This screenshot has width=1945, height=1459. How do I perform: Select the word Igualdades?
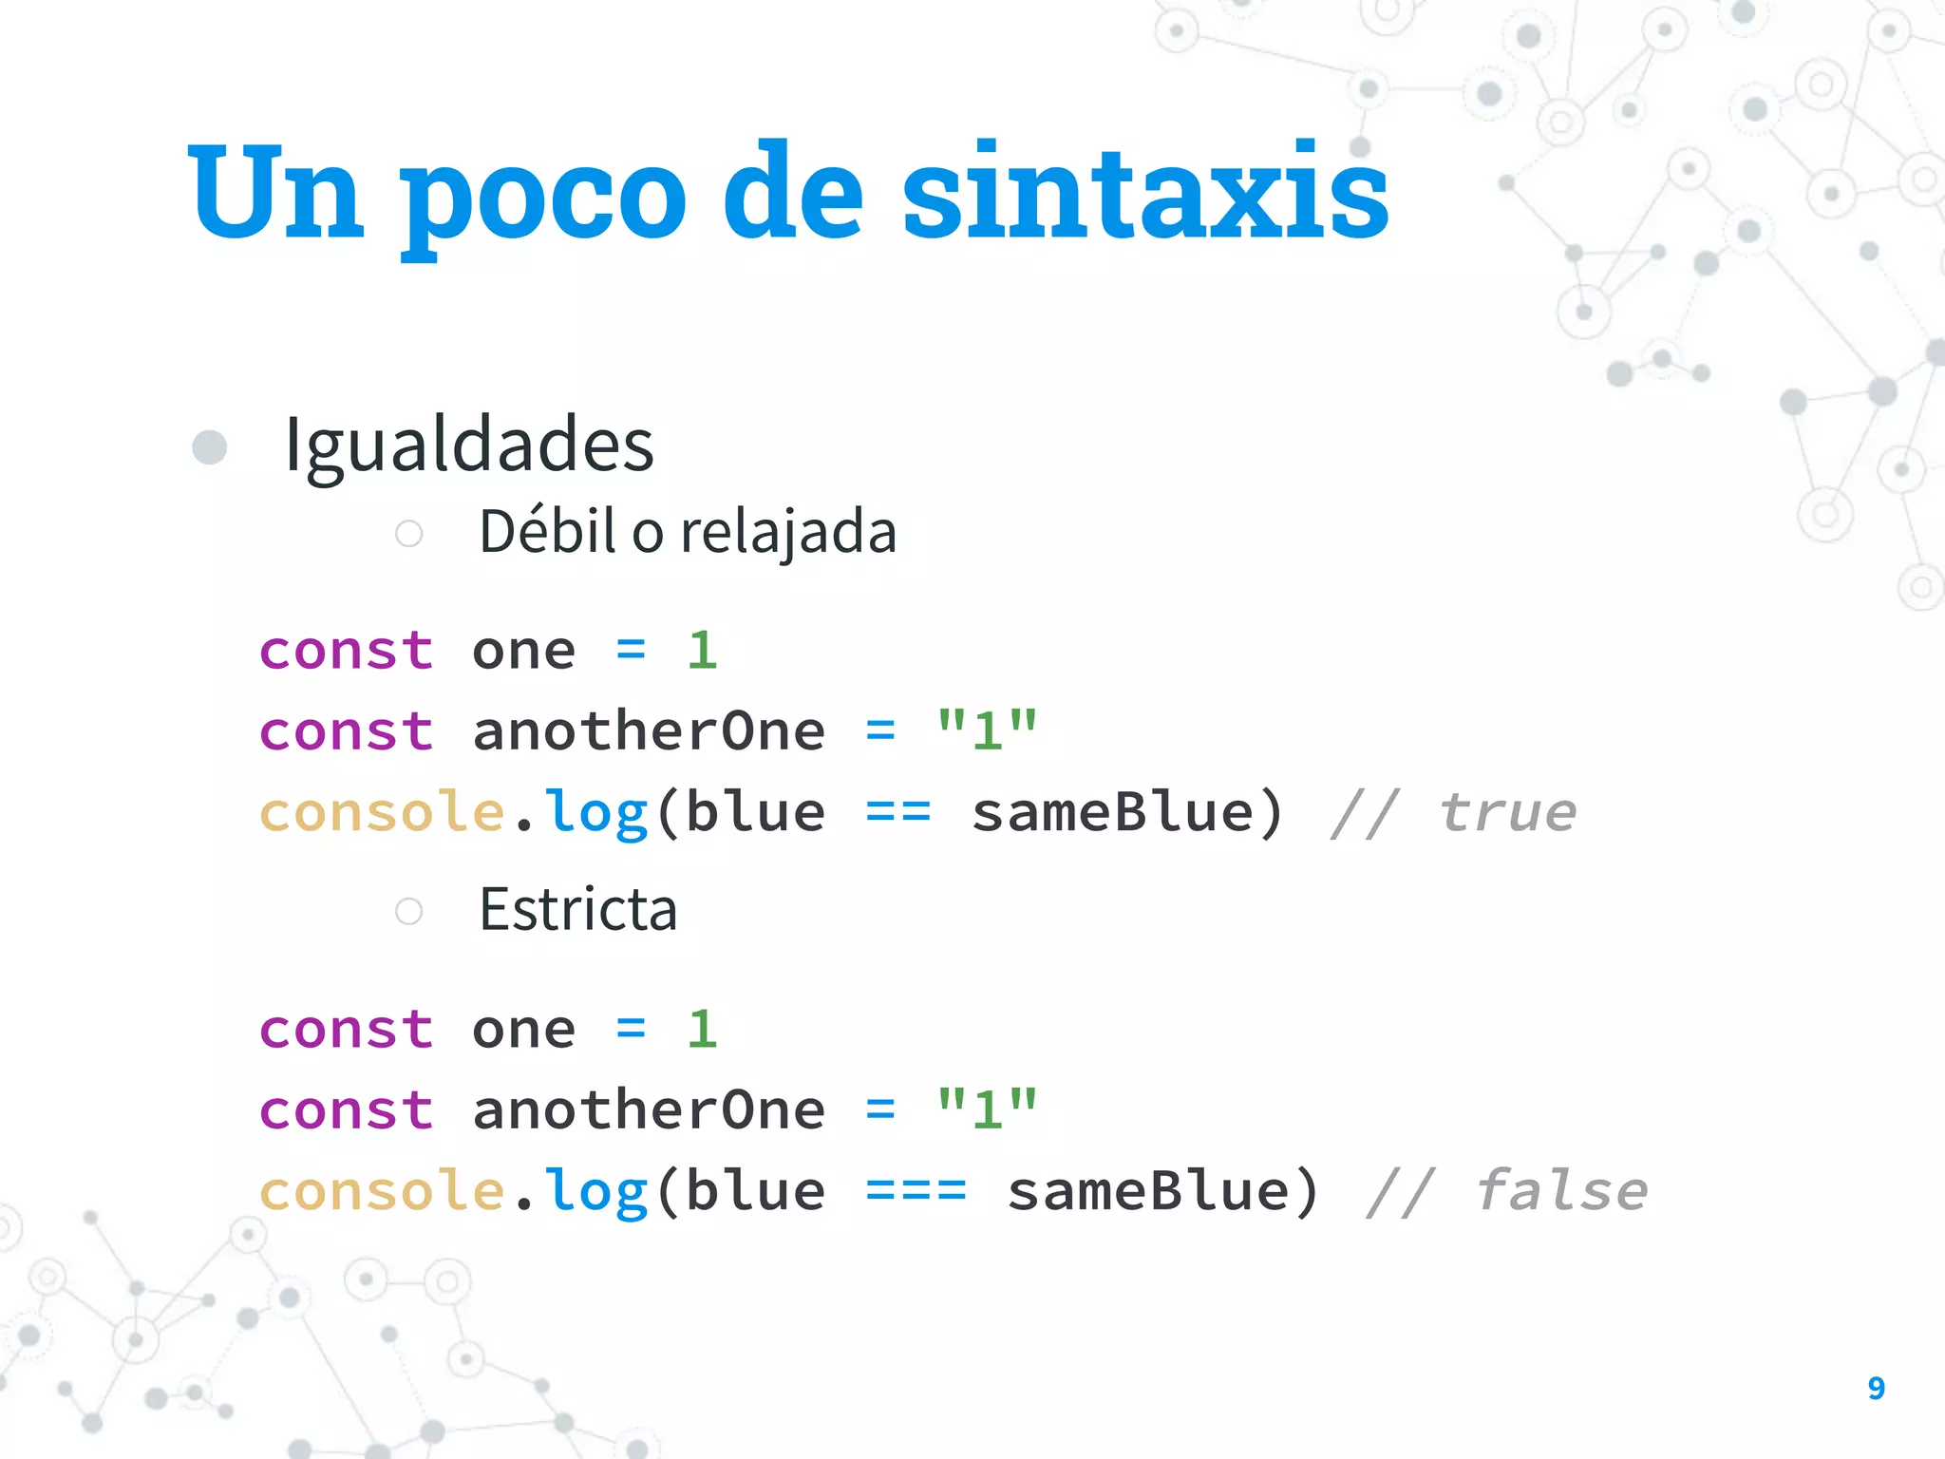469,445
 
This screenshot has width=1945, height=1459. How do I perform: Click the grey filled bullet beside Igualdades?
210,446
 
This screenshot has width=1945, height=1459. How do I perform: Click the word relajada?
788,532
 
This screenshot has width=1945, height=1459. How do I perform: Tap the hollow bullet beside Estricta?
409,911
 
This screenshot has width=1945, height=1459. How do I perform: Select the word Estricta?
577,909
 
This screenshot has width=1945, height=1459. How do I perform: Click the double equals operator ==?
897,813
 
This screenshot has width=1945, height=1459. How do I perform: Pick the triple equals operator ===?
916,1191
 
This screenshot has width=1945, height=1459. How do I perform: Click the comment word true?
1507,813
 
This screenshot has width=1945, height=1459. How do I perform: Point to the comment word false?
1561,1191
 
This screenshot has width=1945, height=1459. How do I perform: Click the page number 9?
1876,1388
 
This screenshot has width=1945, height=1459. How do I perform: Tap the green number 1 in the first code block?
702,651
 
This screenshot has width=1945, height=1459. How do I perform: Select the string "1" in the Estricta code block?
987,1109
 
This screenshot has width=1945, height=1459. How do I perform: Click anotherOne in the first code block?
649,731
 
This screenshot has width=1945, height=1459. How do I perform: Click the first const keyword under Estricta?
346,1030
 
